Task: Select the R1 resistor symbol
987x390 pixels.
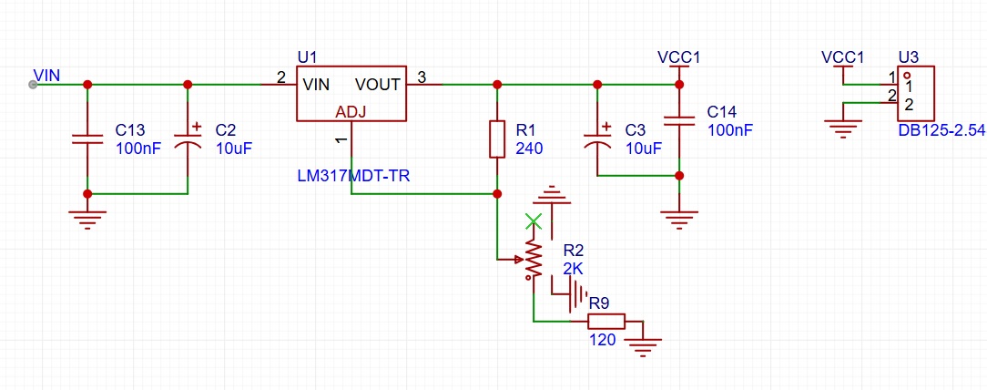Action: point(497,139)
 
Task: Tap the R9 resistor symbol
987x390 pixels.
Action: point(606,322)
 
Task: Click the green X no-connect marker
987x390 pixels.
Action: point(534,221)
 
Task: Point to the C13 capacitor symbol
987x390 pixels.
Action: point(87,139)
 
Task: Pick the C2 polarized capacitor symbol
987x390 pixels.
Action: point(188,138)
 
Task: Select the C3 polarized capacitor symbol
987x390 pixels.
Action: point(596,138)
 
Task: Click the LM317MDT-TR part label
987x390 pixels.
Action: point(353,177)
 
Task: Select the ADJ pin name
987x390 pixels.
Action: point(351,112)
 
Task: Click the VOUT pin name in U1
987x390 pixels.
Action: point(378,85)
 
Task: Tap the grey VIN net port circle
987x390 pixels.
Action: point(33,85)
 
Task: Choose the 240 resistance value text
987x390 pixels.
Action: point(529,149)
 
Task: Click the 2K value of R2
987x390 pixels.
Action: point(574,269)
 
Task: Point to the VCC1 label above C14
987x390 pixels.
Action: point(678,57)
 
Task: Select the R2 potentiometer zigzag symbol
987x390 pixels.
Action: point(534,258)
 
